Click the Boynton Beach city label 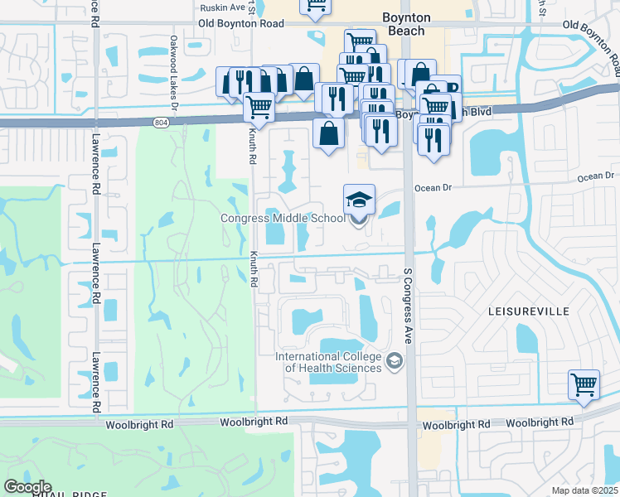404,24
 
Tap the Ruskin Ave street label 222,7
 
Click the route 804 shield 160,123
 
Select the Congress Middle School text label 282,219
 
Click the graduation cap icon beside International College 394,359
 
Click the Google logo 27,487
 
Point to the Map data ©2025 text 584,490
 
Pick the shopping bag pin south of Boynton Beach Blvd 329,133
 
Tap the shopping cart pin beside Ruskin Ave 315,7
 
